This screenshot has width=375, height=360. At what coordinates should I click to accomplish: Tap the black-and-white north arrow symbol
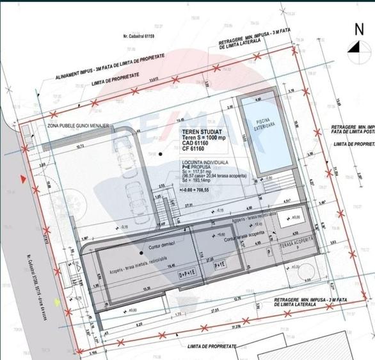click(x=355, y=46)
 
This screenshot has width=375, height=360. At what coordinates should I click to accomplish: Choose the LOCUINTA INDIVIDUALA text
click(x=204, y=164)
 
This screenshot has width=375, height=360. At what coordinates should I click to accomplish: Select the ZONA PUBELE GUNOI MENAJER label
click(x=78, y=127)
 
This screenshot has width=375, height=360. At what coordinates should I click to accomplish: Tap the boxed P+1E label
click(x=220, y=265)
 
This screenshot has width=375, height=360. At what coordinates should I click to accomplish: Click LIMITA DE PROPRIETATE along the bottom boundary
click(x=209, y=346)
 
